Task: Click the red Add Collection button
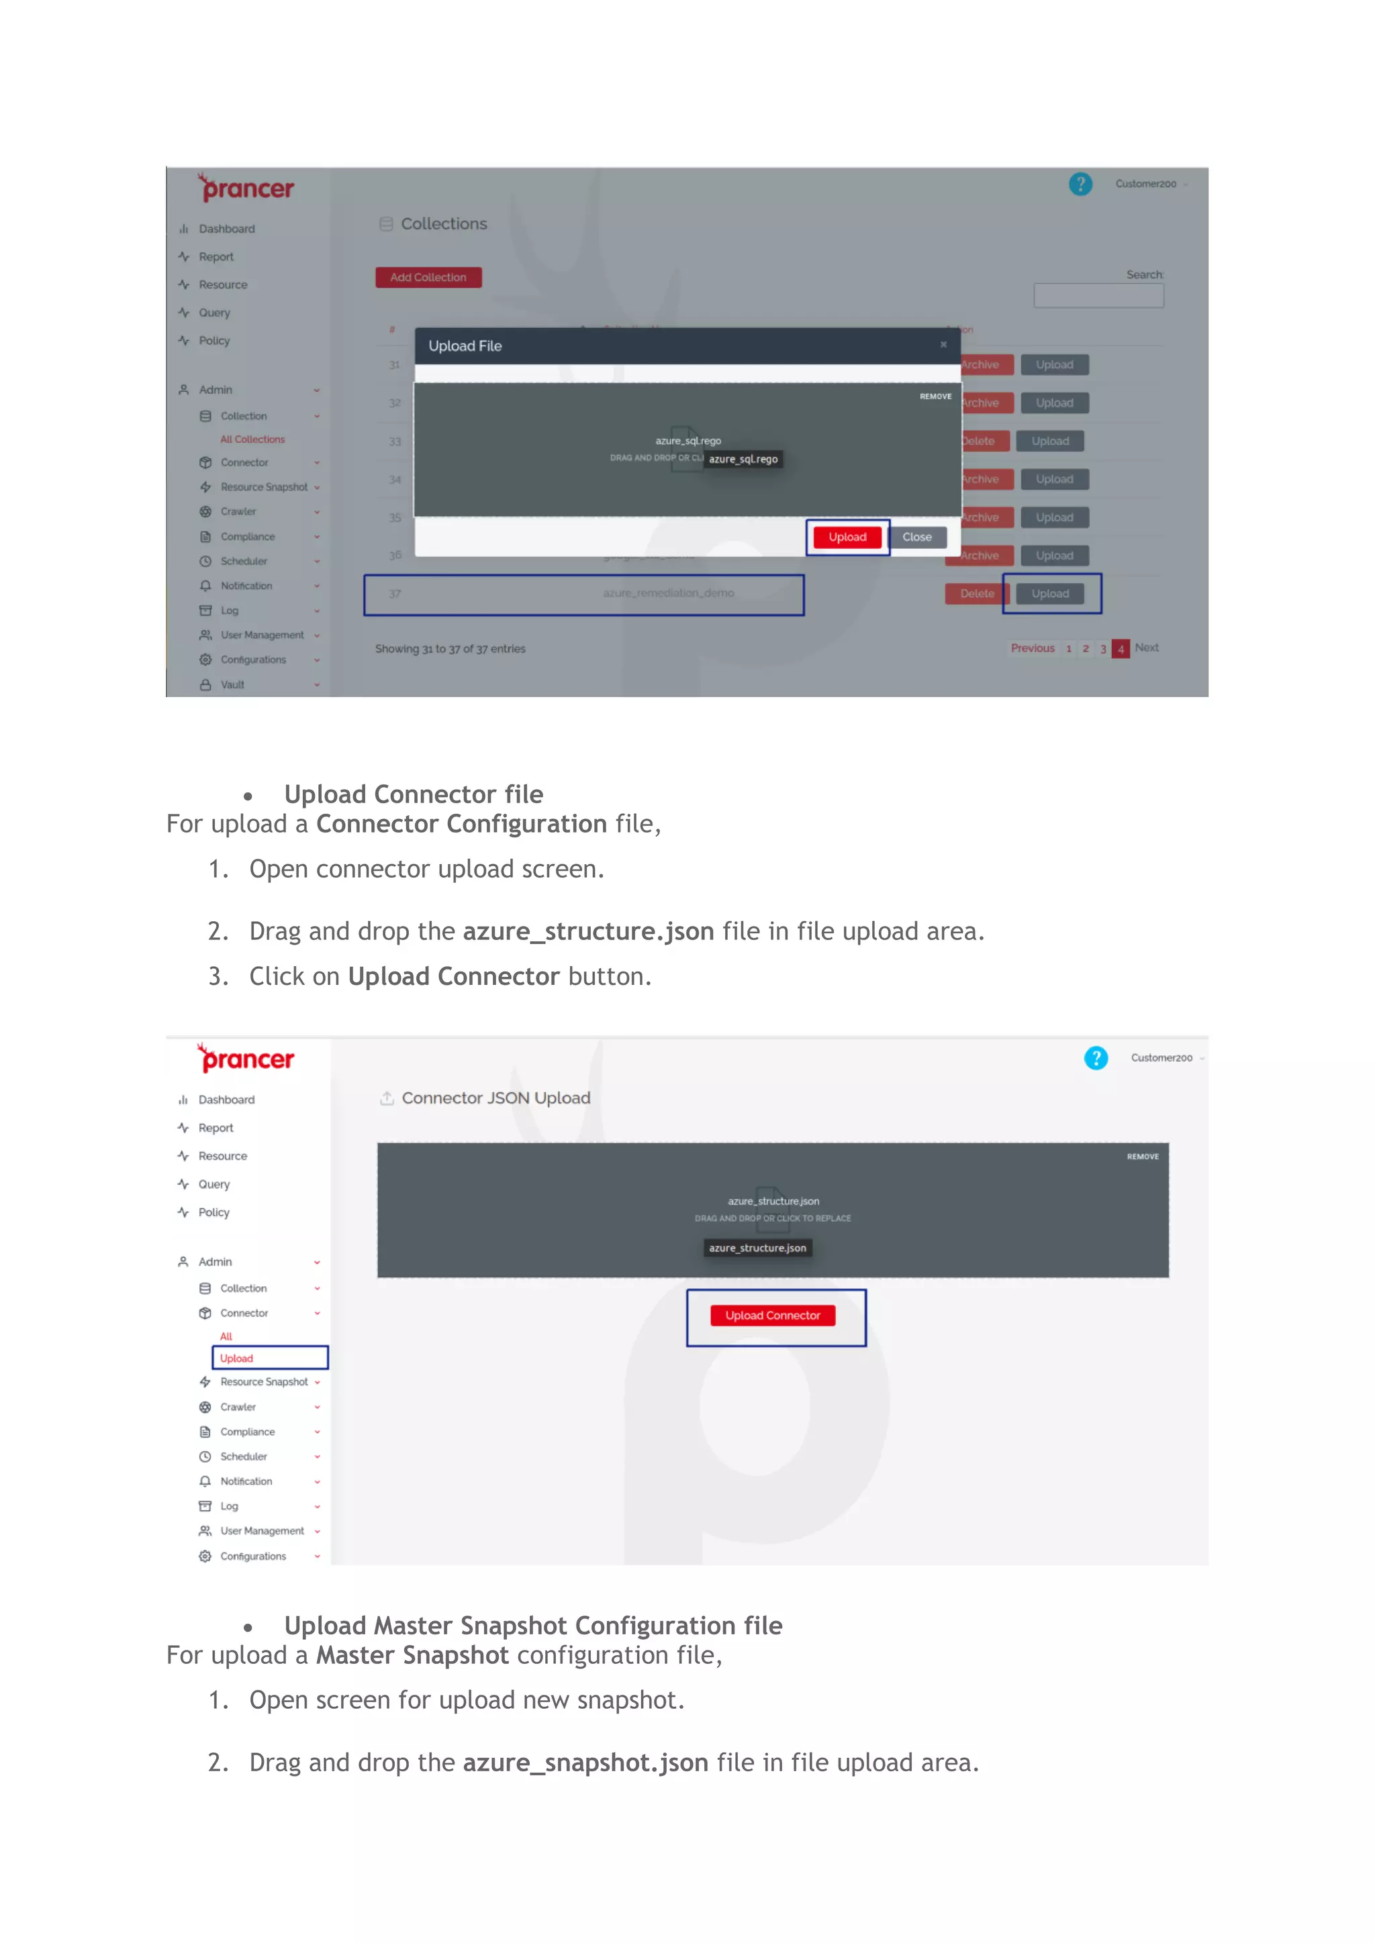tap(428, 278)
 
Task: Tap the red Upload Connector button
tap(772, 1315)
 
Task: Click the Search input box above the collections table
tap(1098, 295)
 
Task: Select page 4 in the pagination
tap(1120, 649)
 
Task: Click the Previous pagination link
tap(1032, 648)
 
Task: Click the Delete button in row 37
tap(976, 594)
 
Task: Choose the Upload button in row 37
tap(1050, 594)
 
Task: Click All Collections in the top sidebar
tap(252, 439)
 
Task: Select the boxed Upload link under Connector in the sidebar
tap(237, 1358)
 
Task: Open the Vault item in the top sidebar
tap(232, 684)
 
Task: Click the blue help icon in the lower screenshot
tap(1096, 1058)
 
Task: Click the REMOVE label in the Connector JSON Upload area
tap(1142, 1157)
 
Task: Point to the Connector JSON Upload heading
tap(495, 1098)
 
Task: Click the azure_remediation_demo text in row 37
tap(668, 593)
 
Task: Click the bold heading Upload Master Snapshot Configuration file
tap(532, 1626)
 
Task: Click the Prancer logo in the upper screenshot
tap(247, 188)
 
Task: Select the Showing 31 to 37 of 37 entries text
tap(450, 649)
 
